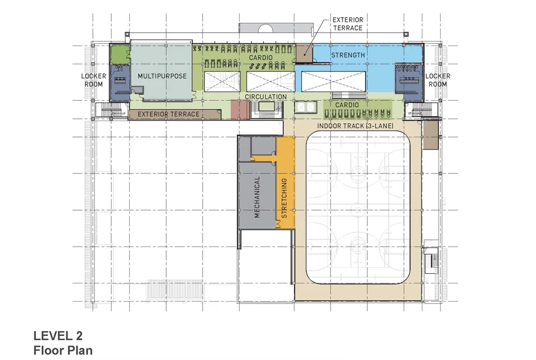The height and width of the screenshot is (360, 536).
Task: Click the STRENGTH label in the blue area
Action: [348, 55]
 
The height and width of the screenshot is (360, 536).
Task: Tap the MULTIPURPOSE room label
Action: [162, 76]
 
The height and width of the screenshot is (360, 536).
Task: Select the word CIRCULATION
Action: [266, 97]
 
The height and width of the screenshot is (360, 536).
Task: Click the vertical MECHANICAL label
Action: [257, 196]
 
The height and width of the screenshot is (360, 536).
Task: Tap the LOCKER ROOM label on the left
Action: [93, 80]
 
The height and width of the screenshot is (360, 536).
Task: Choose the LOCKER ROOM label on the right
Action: [437, 80]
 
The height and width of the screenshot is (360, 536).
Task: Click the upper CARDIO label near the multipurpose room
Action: [260, 57]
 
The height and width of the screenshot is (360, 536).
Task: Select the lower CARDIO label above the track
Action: [347, 105]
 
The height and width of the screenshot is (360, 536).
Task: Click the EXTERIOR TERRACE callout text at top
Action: [347, 24]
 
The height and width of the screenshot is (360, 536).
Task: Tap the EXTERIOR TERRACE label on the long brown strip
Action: [169, 114]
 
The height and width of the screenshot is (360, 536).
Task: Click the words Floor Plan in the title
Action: [63, 351]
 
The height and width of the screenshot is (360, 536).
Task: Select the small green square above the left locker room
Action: [120, 54]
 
